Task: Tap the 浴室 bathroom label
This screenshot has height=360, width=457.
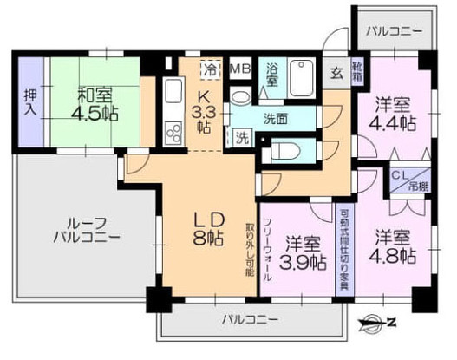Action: click(x=272, y=73)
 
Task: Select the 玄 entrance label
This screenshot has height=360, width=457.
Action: click(x=336, y=73)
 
